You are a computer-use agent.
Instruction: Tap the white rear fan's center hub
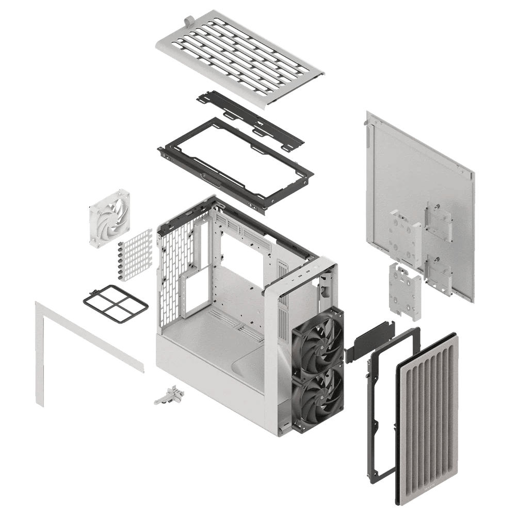click(x=109, y=212)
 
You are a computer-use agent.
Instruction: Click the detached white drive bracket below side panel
click(x=405, y=292)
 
